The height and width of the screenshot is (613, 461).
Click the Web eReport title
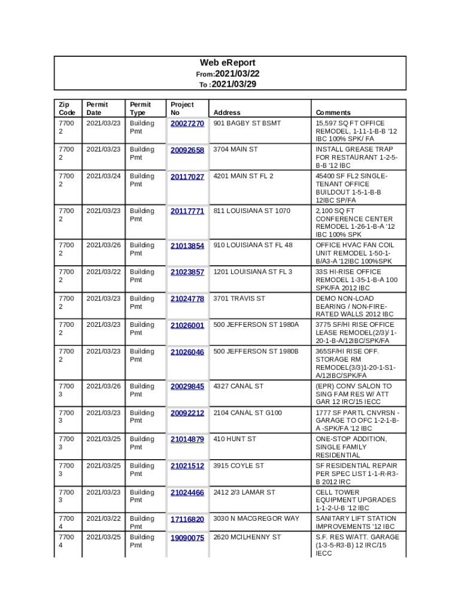tap(228, 63)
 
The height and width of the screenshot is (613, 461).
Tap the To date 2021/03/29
tap(233, 84)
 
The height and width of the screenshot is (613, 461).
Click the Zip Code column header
tap(66, 108)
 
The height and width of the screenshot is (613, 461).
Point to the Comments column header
tap(333, 113)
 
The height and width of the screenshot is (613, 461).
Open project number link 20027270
tap(187, 124)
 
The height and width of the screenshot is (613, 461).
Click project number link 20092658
tap(187, 150)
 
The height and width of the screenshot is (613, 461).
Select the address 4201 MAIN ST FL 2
tap(243, 176)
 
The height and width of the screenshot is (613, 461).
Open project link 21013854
tap(187, 246)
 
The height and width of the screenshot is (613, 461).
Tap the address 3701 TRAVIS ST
tap(239, 298)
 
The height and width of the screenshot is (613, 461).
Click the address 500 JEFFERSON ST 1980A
tap(256, 324)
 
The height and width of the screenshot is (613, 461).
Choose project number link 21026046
tap(187, 352)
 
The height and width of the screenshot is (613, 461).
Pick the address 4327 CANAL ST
tap(238, 386)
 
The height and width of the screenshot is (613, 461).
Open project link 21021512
tap(187, 466)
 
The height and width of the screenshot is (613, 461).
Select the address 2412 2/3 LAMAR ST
tap(244, 492)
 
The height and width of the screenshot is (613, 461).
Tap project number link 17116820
tap(187, 520)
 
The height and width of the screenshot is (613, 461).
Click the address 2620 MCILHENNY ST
tap(247, 537)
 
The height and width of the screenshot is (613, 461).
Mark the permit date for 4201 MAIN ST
tap(104, 176)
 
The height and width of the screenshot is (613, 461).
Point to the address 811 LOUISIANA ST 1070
tap(251, 211)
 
